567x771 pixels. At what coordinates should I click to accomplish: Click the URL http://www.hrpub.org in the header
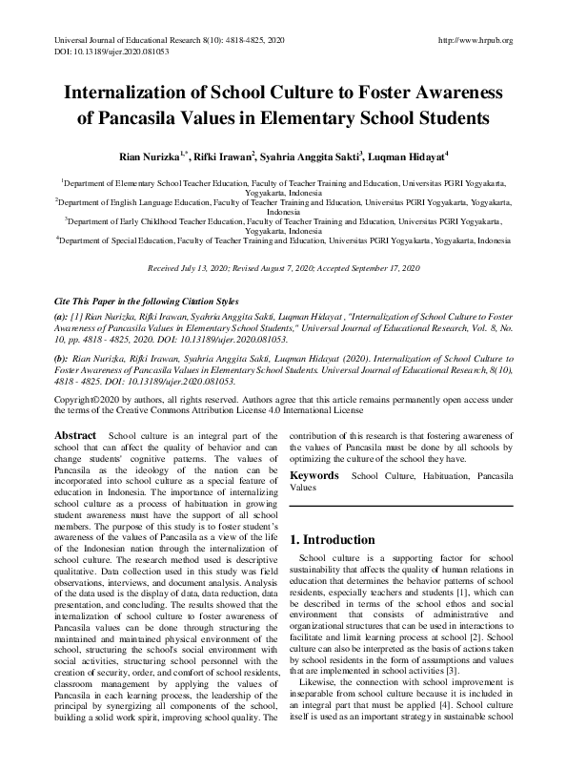pyautogui.click(x=474, y=40)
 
